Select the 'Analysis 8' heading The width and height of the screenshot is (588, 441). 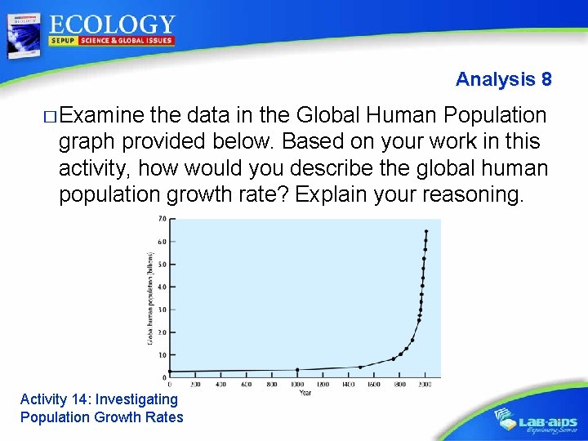503,79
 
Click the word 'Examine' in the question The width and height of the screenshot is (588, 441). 100,116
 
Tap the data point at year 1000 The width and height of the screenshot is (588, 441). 297,370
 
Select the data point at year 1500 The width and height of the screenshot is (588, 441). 360,367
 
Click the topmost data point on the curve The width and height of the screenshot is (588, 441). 425,231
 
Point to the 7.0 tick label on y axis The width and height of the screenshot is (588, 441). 163,219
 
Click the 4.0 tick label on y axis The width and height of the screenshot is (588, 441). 163,287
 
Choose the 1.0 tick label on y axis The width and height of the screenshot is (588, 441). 163,355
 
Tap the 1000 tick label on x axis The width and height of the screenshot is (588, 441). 297,384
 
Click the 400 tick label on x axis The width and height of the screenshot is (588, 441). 220,384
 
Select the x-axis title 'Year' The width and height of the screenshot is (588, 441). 304,393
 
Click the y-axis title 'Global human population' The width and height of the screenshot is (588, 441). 149,298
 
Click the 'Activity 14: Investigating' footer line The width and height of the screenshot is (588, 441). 99,399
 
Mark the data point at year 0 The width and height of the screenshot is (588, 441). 170,372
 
